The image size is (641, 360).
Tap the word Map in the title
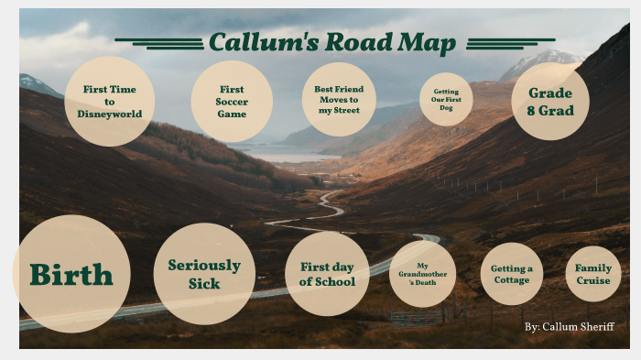point(427,43)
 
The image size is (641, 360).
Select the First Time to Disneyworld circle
point(110,102)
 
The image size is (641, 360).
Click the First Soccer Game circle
point(232,102)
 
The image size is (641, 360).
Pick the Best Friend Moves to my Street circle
point(339,100)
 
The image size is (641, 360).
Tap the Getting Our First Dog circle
point(446,100)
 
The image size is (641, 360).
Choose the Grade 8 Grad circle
point(550,102)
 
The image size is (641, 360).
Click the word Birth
point(71,275)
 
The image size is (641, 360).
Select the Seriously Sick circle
point(204,274)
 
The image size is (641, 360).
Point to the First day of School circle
point(327,274)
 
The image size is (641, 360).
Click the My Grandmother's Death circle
point(422,274)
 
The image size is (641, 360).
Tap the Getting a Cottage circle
point(511,274)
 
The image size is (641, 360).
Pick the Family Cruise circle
point(592,274)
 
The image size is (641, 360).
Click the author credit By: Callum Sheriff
point(570,327)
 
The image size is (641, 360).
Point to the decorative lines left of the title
point(159,43)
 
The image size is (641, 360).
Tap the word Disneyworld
point(110,114)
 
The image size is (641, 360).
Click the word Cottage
point(511,280)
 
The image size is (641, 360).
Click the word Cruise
point(592,280)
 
